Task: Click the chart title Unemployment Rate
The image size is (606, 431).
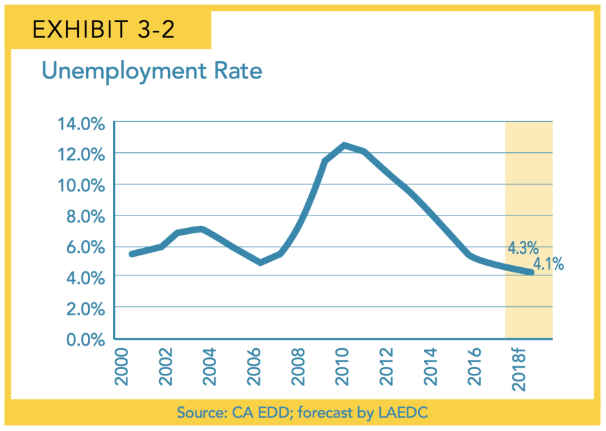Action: [x=151, y=70]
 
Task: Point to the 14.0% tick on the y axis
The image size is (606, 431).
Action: [x=81, y=124]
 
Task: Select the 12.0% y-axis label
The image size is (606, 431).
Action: [x=81, y=154]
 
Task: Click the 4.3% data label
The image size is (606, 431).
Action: [x=523, y=247]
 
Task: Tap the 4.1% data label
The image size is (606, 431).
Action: [x=548, y=264]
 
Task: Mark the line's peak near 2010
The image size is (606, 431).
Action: [x=344, y=145]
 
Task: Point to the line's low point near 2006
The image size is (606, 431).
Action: [x=260, y=262]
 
